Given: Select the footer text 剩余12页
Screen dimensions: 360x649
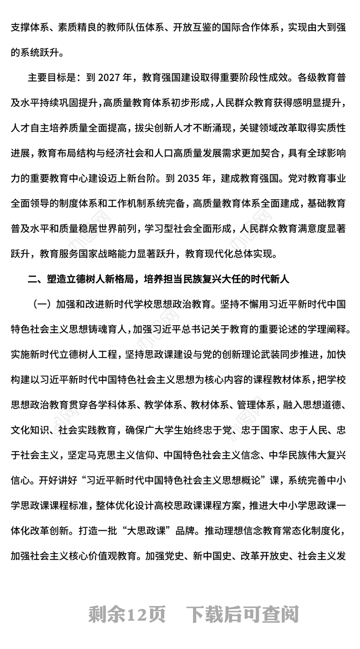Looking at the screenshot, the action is click(127, 613).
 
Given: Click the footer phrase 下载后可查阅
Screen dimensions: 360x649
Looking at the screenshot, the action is click(243, 613).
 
